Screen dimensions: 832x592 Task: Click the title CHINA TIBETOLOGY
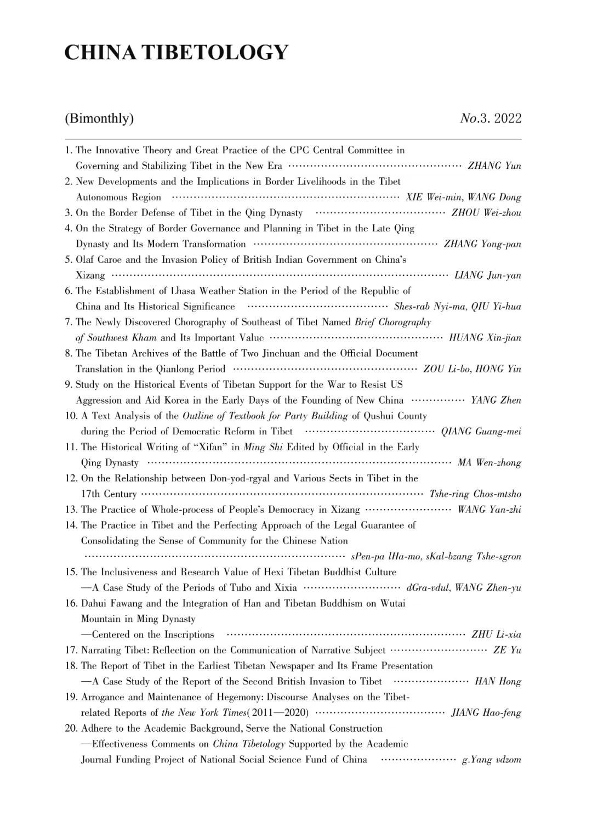(176, 52)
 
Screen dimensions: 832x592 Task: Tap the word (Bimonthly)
(99, 118)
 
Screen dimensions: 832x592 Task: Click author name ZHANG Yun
(494, 166)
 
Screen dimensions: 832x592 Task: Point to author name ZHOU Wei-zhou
(486, 213)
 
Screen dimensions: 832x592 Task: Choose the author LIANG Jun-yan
(488, 275)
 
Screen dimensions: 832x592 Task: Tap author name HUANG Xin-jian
(485, 338)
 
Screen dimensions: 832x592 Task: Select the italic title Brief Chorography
(392, 322)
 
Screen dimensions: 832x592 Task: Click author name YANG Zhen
(496, 400)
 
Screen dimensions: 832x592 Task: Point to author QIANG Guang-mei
(481, 432)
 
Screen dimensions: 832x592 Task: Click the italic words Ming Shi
(263, 447)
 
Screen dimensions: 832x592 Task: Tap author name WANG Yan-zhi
(489, 510)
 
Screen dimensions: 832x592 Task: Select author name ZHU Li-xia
(496, 635)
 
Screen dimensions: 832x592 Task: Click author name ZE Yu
(507, 650)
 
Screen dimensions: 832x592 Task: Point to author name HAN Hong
(498, 682)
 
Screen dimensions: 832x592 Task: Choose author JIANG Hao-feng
(486, 713)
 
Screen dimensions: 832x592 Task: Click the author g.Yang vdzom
(492, 760)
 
